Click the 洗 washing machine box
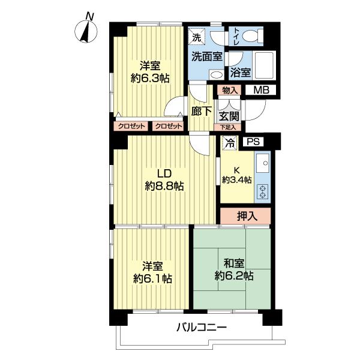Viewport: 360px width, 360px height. point(197,37)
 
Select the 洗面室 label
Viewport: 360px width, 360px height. point(206,56)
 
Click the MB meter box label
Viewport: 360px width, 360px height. point(260,91)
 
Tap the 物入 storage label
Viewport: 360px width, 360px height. point(229,91)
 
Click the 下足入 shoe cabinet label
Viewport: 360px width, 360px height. point(228,127)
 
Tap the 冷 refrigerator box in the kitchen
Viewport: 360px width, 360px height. point(229,143)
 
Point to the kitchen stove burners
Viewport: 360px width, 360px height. point(262,191)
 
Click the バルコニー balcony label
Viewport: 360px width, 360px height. point(202,328)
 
